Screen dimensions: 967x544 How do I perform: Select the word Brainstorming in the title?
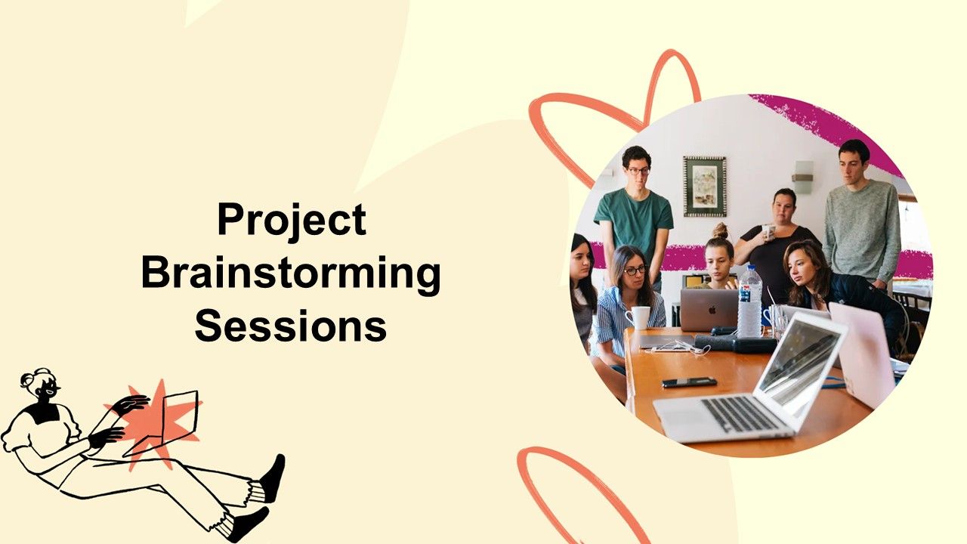291,275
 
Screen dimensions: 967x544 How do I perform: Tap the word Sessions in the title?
291,325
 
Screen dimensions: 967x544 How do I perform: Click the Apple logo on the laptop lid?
712,310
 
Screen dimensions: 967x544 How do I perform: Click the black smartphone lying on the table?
690,382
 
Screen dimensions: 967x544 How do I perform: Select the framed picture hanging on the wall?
705,186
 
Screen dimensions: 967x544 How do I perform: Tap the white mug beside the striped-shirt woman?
638,318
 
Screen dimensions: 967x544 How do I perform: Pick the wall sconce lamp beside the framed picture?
803,177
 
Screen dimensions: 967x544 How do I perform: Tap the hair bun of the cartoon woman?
34,376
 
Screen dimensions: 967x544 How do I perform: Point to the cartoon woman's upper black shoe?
273,478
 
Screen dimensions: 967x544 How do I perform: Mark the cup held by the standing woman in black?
768,231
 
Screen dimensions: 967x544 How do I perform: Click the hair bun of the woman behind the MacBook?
720,230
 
